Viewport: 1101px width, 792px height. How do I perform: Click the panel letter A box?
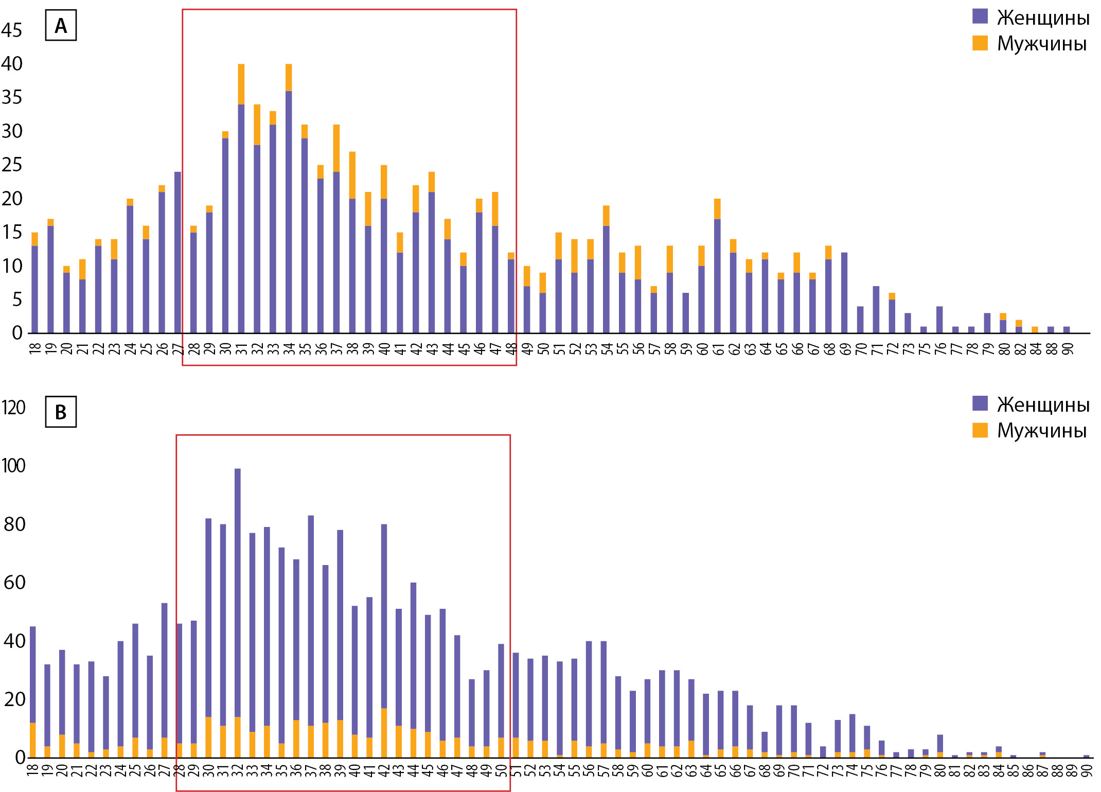click(x=61, y=25)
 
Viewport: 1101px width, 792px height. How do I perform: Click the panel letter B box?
click(x=61, y=412)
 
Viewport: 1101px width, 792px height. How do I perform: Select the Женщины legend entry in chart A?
click(x=1031, y=17)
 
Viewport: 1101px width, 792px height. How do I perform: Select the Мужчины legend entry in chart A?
click(x=1029, y=43)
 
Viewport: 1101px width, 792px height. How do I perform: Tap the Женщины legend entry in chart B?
click(x=1031, y=404)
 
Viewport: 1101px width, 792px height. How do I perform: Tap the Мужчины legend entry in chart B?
click(x=1029, y=430)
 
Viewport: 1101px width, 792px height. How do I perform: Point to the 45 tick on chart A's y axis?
click(x=12, y=30)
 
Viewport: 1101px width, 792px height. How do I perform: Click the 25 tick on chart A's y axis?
click(x=12, y=165)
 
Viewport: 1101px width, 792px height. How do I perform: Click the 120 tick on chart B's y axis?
click(x=13, y=407)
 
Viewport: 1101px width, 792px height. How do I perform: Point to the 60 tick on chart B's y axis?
click(x=14, y=583)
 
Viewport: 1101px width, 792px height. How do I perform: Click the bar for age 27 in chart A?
click(x=177, y=252)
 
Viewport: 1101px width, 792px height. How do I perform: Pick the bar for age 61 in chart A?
click(x=717, y=268)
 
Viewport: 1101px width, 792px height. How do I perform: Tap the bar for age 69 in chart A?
click(x=844, y=293)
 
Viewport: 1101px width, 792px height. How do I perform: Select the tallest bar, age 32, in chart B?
click(x=238, y=612)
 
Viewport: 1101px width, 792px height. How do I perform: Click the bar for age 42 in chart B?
click(x=384, y=641)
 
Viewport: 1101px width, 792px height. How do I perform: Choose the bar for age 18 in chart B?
click(x=33, y=692)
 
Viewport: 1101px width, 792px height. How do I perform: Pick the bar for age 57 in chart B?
click(x=603, y=700)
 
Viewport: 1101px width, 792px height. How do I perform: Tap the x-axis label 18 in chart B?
click(x=33, y=770)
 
